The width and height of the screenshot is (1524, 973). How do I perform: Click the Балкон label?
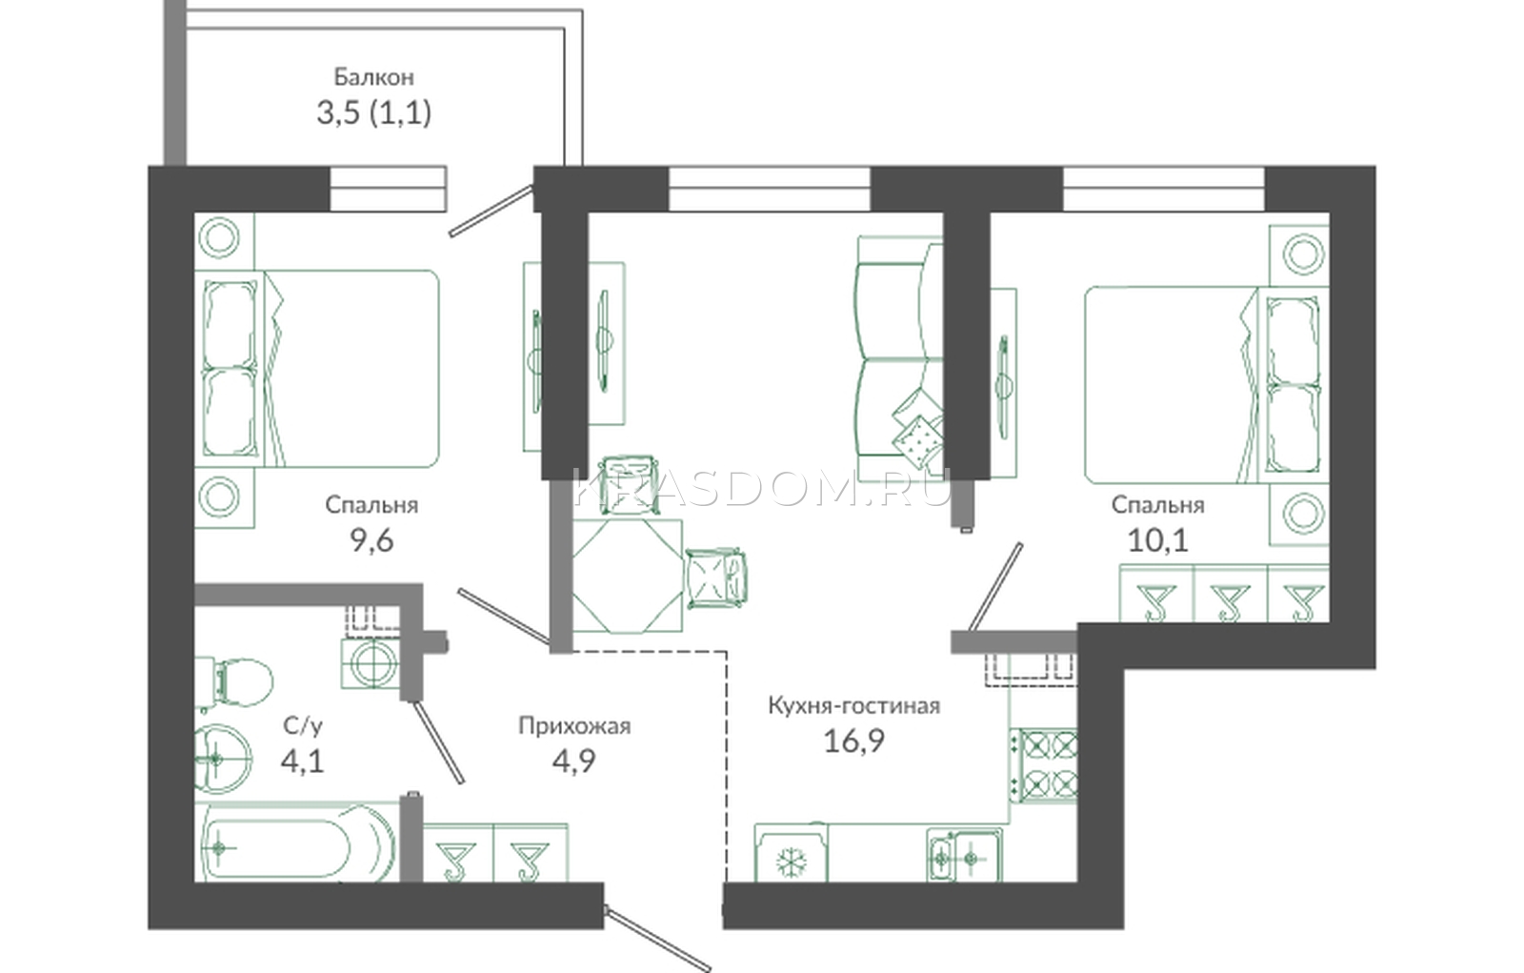coord(373,77)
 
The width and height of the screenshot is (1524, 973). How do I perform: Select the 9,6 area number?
coord(372,541)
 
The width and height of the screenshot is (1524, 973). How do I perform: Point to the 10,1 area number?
coord(1158,541)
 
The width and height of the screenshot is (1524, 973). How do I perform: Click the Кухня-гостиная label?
coord(853,706)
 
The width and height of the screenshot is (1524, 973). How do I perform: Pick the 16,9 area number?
coord(853,740)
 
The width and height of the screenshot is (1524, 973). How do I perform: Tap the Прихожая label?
coord(574,726)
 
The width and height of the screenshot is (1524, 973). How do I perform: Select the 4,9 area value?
coord(573,761)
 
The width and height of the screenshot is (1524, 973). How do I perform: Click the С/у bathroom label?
coord(303,726)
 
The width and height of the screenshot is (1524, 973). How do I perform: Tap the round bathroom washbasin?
coord(222,759)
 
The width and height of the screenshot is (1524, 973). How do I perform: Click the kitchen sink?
coord(963,856)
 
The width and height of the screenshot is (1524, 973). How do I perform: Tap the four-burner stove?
coord(1043,764)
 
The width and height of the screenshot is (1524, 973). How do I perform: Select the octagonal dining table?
coord(628,576)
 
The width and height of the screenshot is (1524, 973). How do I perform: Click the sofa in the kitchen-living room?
coord(898,357)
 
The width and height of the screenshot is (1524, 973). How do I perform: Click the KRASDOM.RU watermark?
coord(761,488)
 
